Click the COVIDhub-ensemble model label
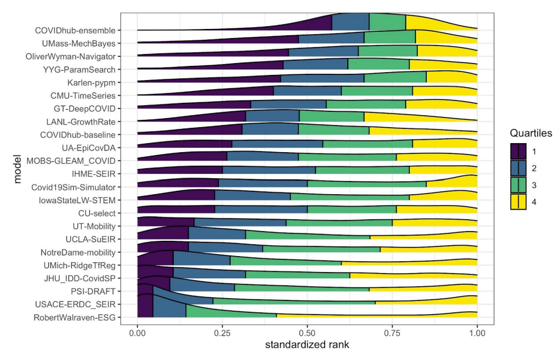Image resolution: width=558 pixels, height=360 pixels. click(75, 30)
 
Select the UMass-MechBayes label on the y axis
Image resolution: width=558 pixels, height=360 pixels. click(78, 43)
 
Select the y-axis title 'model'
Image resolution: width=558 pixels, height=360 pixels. click(18, 173)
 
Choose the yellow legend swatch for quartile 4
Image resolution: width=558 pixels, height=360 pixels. click(518, 201)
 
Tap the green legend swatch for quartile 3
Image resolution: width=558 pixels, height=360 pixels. click(518, 185)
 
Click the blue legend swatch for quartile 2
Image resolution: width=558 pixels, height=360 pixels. click(518, 168)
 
